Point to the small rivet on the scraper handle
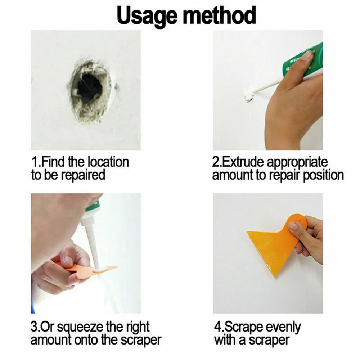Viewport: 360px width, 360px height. pyautogui.click(x=299, y=217)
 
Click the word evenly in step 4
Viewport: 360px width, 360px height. pyautogui.click(x=283, y=327)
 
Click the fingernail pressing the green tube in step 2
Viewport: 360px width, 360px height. pyautogui.click(x=306, y=56)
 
